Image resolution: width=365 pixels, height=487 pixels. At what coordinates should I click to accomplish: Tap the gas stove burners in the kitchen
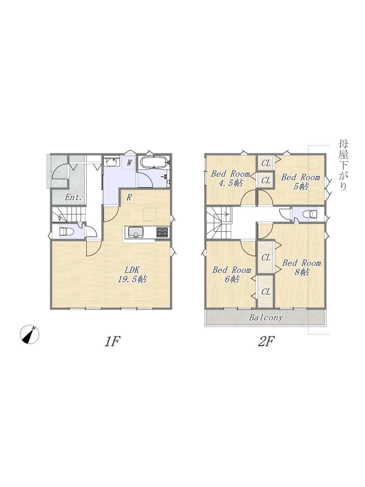tap(162, 232)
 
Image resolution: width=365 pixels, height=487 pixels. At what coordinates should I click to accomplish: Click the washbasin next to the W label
tap(112, 162)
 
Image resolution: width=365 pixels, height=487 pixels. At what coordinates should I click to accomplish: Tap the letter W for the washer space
tap(129, 163)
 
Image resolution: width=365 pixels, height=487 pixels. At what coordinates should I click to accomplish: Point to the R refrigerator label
tap(129, 197)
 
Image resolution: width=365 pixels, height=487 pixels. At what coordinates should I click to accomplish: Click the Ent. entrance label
tap(73, 197)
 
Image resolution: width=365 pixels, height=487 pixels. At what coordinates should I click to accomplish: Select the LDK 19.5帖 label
tap(132, 275)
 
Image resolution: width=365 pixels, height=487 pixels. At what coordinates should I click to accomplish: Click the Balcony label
tap(266, 318)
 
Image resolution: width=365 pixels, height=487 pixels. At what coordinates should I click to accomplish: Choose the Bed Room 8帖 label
tap(302, 267)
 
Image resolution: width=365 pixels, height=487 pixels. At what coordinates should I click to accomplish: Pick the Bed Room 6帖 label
tap(232, 274)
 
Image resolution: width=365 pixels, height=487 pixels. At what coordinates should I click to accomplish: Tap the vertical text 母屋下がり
tap(343, 165)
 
